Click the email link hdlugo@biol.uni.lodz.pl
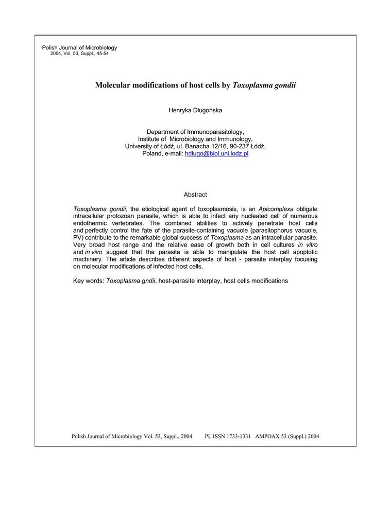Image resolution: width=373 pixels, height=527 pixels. click(216, 154)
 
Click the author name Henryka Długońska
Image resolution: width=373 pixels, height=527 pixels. click(195, 111)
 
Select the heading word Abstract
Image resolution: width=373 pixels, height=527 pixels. click(195, 195)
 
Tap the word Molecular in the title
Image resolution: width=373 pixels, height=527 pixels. click(113, 85)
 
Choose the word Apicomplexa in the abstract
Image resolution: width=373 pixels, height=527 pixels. click(276, 209)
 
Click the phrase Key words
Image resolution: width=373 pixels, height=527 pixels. click(88, 281)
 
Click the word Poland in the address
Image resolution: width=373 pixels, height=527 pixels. click(151, 154)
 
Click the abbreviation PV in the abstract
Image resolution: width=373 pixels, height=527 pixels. click(78, 238)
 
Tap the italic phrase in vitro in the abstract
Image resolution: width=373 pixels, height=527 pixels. click(308, 245)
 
